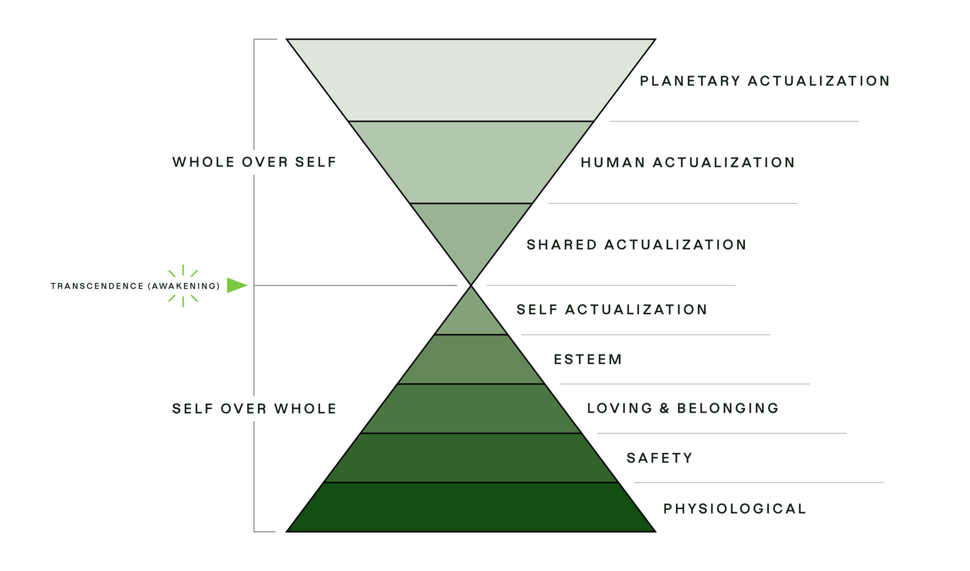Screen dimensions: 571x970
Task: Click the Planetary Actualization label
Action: [x=764, y=81]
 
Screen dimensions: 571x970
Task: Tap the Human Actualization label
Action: [x=688, y=163]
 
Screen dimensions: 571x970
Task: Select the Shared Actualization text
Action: [x=637, y=245]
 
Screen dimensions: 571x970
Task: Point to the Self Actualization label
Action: [x=612, y=309]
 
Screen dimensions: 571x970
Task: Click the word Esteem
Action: [x=588, y=359]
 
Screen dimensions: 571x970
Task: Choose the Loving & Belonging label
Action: [x=683, y=408]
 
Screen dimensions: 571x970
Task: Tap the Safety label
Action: [x=660, y=458]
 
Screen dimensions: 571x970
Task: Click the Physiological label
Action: [x=735, y=508]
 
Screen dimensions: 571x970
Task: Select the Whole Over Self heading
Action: [x=254, y=162]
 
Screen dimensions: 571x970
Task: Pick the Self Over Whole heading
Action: [x=254, y=408]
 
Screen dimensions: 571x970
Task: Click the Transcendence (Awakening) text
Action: [x=135, y=286]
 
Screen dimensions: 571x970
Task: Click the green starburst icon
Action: [x=183, y=285]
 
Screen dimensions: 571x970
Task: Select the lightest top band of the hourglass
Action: [x=471, y=80]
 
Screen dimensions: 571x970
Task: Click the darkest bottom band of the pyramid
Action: [x=471, y=507]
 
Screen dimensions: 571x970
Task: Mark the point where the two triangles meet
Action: [x=471, y=285]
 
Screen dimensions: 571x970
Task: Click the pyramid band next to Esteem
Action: [x=471, y=359]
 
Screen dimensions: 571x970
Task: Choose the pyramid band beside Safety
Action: [x=471, y=458]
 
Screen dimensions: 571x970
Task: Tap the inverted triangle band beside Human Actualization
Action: [x=471, y=162]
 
